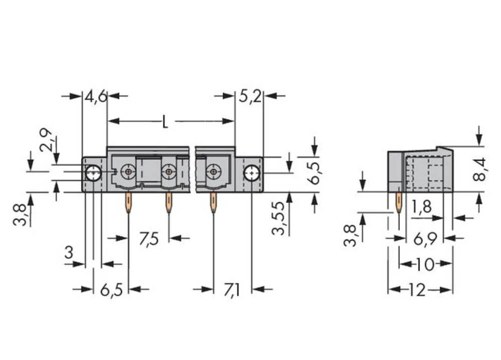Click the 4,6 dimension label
click(95, 96)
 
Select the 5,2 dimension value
click(249, 96)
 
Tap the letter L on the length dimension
click(165, 122)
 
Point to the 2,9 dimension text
click(46, 140)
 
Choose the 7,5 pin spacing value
click(148, 239)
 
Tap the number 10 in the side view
click(425, 264)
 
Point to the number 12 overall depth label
click(415, 289)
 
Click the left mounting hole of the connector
click(93, 173)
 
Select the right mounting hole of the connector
click(251, 173)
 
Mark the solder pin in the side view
click(399, 203)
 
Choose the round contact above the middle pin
click(168, 172)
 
